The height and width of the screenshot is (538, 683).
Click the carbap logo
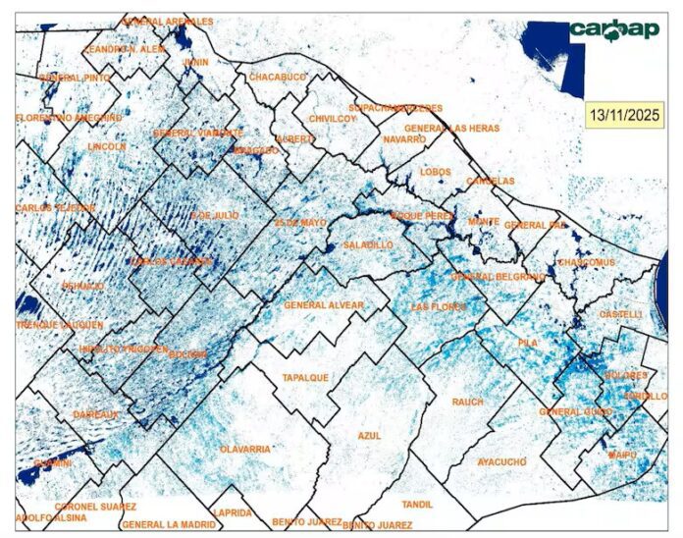tap(614, 30)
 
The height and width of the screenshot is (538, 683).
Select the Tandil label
tap(417, 504)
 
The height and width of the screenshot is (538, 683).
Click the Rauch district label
tap(468, 402)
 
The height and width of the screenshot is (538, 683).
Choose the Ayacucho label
tap(501, 461)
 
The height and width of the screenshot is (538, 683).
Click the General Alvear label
tap(324, 305)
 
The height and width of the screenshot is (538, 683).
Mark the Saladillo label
tap(369, 242)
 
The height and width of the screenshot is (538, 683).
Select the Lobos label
tap(435, 171)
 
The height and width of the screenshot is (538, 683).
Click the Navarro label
tap(404, 139)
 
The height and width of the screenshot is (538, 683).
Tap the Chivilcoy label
tap(332, 118)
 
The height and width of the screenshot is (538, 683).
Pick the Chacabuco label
tap(278, 76)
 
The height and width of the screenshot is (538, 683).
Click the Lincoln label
tap(107, 146)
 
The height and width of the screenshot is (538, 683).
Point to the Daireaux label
tap(96, 414)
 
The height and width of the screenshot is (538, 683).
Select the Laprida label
tap(233, 512)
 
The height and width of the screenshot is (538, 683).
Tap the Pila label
tap(528, 343)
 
